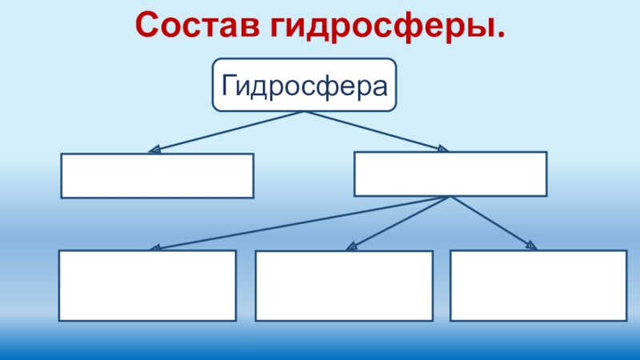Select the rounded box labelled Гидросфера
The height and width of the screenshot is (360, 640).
[x=304, y=84]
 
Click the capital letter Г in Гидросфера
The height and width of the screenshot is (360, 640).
[x=226, y=83]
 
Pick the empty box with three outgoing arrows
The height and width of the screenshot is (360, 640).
[x=450, y=174]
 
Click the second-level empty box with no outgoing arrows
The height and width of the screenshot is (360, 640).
[x=158, y=175]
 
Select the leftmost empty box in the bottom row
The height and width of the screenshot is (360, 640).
[x=148, y=286]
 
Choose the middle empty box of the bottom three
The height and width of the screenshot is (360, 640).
[x=344, y=286]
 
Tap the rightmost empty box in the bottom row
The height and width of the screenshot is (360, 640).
[x=538, y=286]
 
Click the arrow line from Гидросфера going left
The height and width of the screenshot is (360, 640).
[x=228, y=130]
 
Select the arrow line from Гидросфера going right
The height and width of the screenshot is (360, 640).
[x=376, y=130]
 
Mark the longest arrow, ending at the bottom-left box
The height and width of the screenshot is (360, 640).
[x=300, y=222]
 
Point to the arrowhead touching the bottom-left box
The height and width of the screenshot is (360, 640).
[x=155, y=247]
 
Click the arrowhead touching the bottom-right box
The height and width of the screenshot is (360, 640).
[x=530, y=245]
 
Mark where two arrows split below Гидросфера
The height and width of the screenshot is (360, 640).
[x=304, y=111]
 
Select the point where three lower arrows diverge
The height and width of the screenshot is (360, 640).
[x=450, y=197]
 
